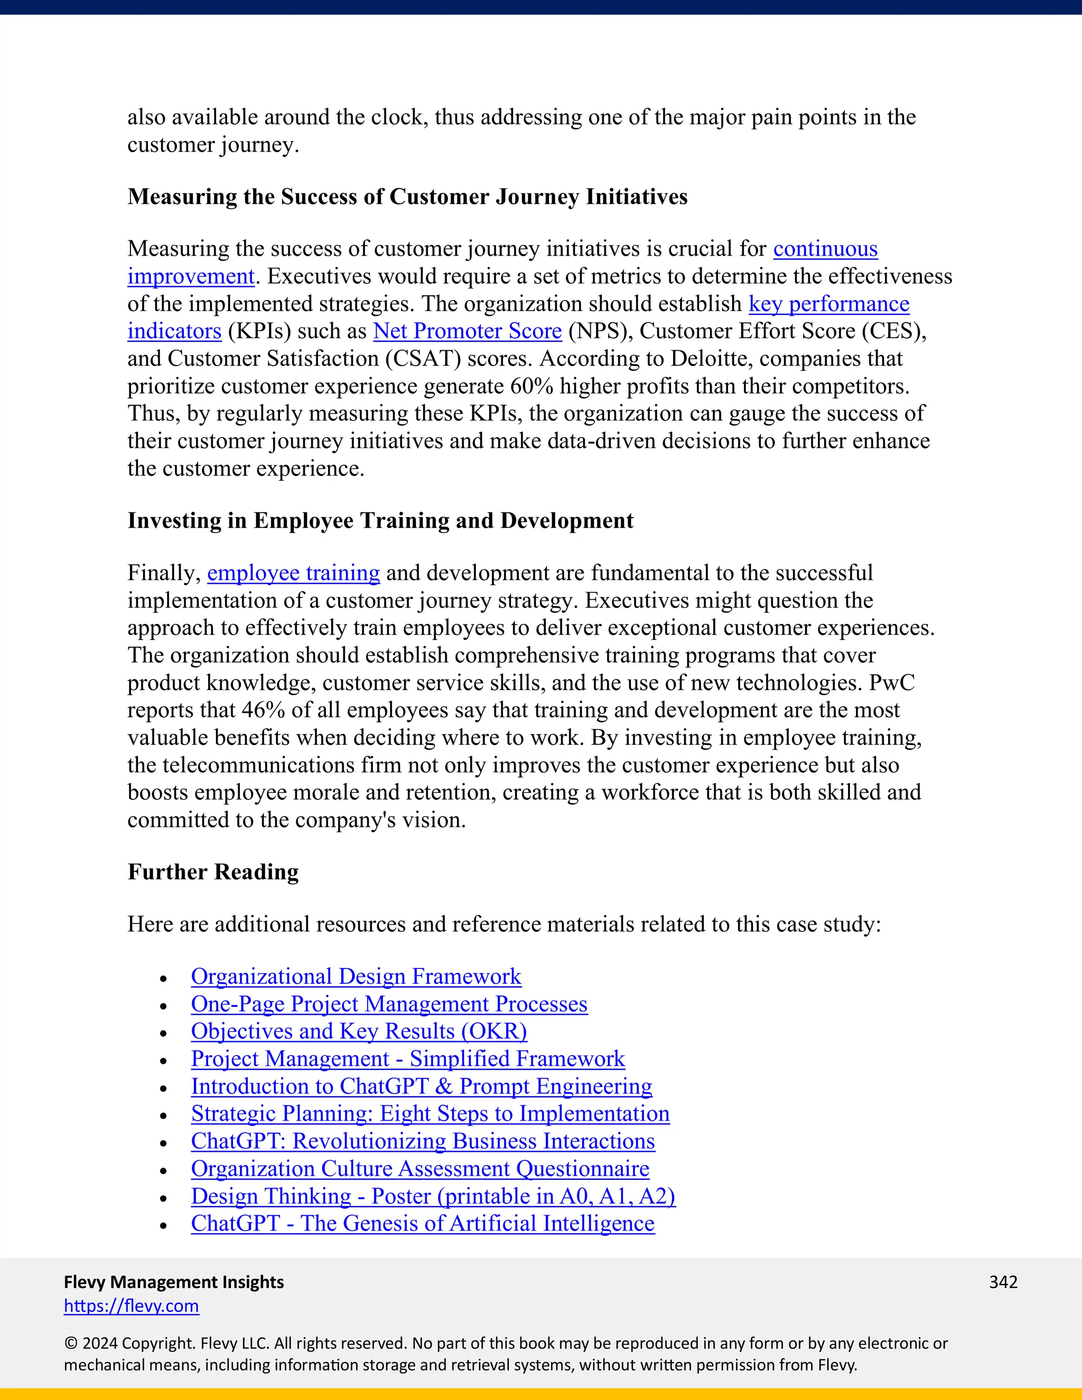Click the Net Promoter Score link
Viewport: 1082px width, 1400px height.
(467, 331)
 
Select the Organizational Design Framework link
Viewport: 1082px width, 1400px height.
(356, 976)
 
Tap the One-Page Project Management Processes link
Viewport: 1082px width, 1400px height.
(388, 1004)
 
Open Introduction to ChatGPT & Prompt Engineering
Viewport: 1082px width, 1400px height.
(421, 1087)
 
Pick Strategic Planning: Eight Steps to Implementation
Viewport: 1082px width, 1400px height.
(430, 1114)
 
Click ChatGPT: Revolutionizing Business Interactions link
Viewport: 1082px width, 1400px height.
(423, 1142)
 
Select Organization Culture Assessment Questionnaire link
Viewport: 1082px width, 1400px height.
(420, 1169)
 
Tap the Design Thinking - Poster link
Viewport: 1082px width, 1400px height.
(433, 1196)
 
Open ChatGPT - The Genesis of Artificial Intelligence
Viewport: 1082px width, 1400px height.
(423, 1224)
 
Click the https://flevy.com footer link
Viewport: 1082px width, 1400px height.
(132, 1306)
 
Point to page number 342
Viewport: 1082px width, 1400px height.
(1003, 1282)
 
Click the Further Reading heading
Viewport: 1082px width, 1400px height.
(213, 872)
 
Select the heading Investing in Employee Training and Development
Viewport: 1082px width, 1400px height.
(380, 520)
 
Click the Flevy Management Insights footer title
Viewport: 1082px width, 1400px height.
(174, 1282)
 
